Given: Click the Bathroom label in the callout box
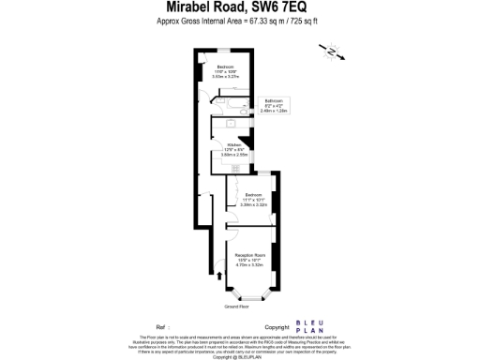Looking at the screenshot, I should [274, 100].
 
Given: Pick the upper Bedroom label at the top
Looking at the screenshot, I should [226, 67].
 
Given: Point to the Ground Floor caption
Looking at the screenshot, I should [236, 307].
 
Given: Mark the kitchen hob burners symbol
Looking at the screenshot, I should [235, 167].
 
